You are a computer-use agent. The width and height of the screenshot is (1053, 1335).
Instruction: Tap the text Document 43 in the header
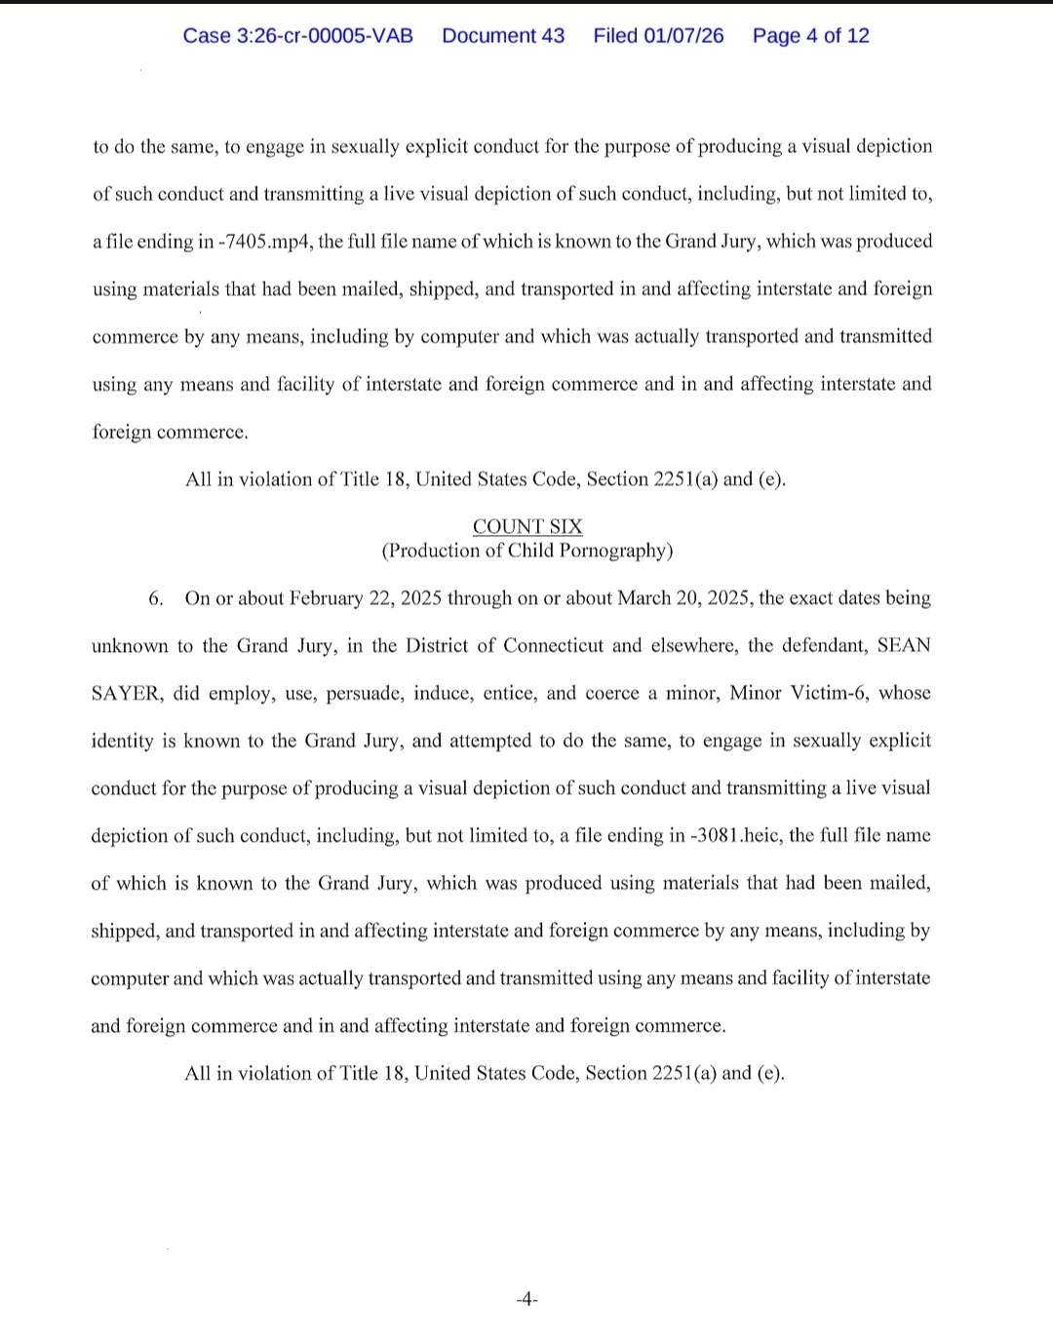[503, 36]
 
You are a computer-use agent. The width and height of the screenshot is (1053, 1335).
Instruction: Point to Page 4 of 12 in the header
[810, 36]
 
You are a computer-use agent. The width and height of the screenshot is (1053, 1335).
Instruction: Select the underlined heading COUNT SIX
[527, 527]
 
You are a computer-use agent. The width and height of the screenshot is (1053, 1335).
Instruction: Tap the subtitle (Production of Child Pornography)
[526, 551]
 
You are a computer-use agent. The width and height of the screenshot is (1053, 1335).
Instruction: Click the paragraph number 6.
[155, 598]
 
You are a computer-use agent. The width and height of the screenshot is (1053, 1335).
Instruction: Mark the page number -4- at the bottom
[526, 1299]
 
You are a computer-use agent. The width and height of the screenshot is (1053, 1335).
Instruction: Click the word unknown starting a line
[130, 646]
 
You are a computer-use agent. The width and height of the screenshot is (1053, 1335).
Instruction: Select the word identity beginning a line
[122, 742]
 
